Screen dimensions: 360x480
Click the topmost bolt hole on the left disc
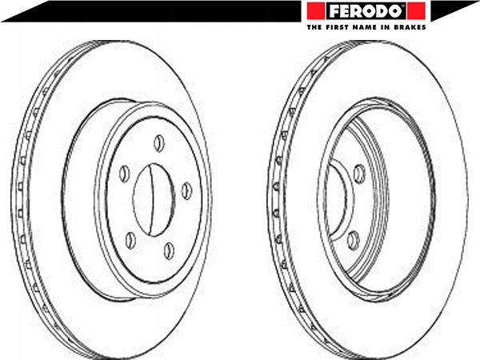point(159,142)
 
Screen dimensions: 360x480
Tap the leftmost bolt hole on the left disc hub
point(125,174)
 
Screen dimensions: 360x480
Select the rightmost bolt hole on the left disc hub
point(186,190)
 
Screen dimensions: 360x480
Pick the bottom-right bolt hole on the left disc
point(169,250)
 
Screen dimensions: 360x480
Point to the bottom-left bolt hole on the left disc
point(130,238)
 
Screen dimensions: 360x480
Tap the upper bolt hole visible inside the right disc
point(359,171)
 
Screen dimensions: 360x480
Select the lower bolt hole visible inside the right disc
point(353,237)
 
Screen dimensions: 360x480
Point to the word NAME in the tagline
point(367,26)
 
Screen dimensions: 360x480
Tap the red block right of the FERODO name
point(417,11)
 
